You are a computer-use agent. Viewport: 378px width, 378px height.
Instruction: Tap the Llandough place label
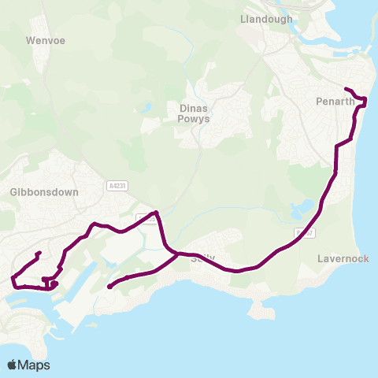click(266, 19)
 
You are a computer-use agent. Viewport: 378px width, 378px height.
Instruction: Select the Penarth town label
click(335, 102)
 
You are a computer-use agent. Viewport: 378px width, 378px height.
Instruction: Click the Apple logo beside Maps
click(13, 365)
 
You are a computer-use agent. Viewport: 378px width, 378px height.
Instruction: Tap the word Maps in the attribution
click(35, 365)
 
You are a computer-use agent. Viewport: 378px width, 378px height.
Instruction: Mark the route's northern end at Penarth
click(346, 87)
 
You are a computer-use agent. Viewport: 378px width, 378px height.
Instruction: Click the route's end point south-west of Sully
click(109, 287)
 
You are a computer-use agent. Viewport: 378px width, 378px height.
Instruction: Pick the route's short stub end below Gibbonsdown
click(39, 253)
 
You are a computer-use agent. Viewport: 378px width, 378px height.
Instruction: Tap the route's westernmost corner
click(12, 278)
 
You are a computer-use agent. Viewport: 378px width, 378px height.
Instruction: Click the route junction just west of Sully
click(176, 254)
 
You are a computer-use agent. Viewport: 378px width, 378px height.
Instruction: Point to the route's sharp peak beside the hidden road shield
click(157, 212)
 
